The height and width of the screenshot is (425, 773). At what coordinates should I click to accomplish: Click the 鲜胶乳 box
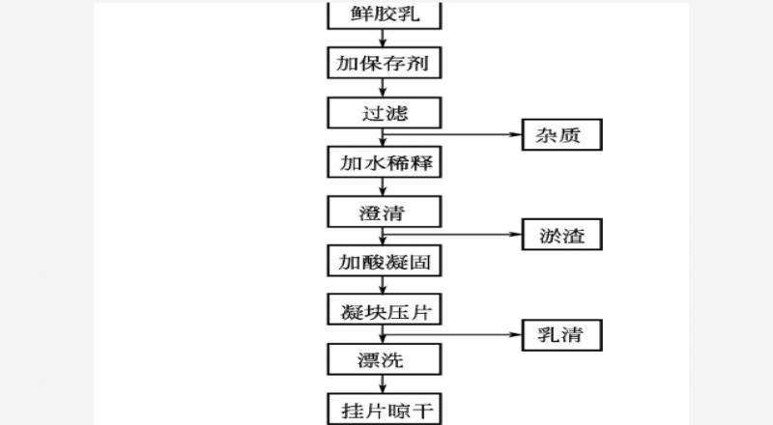(x=385, y=14)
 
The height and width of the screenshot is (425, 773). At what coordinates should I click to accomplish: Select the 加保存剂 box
(x=385, y=64)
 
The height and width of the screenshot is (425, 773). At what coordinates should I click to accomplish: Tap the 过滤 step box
(x=385, y=113)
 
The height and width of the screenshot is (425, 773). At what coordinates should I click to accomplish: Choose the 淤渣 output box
(x=562, y=234)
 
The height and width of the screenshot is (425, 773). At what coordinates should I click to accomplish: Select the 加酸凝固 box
(x=385, y=261)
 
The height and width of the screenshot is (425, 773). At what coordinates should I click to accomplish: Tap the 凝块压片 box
(x=385, y=310)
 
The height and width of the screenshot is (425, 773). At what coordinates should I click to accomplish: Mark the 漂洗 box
(x=385, y=360)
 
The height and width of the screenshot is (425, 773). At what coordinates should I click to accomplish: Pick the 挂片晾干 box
(x=385, y=409)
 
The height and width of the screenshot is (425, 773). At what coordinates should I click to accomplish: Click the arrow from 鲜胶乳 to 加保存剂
(x=385, y=39)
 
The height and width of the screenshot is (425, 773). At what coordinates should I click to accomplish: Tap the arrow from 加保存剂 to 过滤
(x=385, y=89)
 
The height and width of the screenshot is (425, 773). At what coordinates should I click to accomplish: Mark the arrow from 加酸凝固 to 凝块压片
(x=385, y=286)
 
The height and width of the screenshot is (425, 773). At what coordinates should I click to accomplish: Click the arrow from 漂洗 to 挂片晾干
(x=385, y=384)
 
